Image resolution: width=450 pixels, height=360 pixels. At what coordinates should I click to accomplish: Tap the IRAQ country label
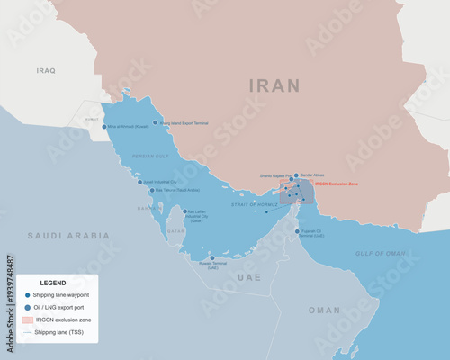(x=45, y=69)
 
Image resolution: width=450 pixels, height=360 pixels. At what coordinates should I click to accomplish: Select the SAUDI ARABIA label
(x=68, y=236)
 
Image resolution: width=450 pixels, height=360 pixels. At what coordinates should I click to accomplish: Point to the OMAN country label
(x=324, y=310)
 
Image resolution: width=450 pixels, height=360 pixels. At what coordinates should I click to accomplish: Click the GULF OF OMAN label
(x=380, y=254)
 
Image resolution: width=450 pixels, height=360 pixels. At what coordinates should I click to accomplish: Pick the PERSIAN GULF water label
(x=150, y=157)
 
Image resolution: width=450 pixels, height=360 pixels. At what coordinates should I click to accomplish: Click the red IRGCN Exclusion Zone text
(x=337, y=183)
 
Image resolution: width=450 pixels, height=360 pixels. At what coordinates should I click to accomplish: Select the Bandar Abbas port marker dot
(x=296, y=176)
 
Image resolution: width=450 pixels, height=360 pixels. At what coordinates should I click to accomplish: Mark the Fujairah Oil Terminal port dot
(x=297, y=231)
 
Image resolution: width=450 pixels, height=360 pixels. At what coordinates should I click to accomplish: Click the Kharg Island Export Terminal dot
(x=155, y=122)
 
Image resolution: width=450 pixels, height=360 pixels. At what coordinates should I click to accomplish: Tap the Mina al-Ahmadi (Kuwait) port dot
(x=104, y=127)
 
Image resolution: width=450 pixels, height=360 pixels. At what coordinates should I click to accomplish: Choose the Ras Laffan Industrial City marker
(x=185, y=212)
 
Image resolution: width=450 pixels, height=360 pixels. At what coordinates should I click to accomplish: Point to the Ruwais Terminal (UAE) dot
(x=213, y=258)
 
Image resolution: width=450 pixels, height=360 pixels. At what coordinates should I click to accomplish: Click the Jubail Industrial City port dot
(x=139, y=182)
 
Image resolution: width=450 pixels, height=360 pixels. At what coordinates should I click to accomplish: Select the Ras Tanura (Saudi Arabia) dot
(x=151, y=191)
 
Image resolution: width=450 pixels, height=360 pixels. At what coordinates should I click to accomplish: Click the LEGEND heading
(x=53, y=283)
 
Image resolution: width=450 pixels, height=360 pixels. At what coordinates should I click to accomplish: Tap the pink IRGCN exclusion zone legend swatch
(x=27, y=319)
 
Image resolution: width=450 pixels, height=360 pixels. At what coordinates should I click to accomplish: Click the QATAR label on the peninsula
(x=175, y=231)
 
